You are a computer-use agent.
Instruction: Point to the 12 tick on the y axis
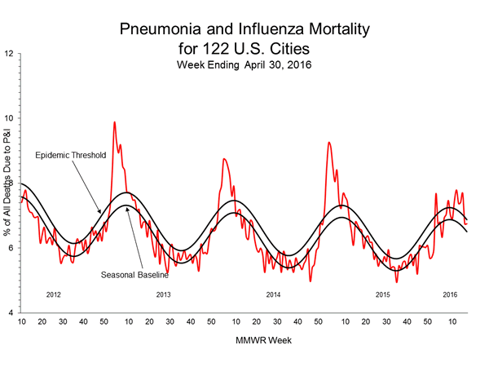coord(9,54)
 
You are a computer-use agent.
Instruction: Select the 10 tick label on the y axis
coord(9,118)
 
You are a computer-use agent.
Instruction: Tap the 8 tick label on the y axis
coord(9,183)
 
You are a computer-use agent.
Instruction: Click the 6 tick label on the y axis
coord(9,248)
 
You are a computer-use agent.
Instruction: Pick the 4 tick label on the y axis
coord(9,313)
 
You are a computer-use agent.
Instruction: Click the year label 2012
coord(55,294)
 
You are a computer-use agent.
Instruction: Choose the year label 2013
coord(163,294)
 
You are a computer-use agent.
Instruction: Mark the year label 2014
coord(273,294)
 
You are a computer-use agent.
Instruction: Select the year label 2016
coord(449,294)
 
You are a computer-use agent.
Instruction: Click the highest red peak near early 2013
coord(114,122)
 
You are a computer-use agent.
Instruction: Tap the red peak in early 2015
coord(328,143)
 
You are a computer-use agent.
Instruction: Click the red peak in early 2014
coord(224,159)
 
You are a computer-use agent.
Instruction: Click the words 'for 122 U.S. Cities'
coord(244,48)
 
